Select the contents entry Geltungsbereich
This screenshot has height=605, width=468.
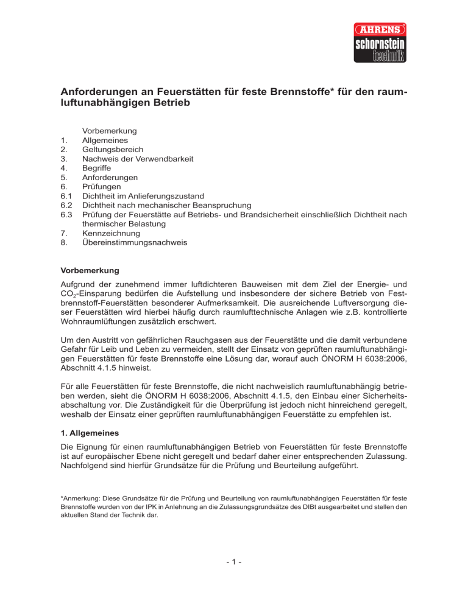coord(113,149)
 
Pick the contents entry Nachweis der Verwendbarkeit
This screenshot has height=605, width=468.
coord(138,158)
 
